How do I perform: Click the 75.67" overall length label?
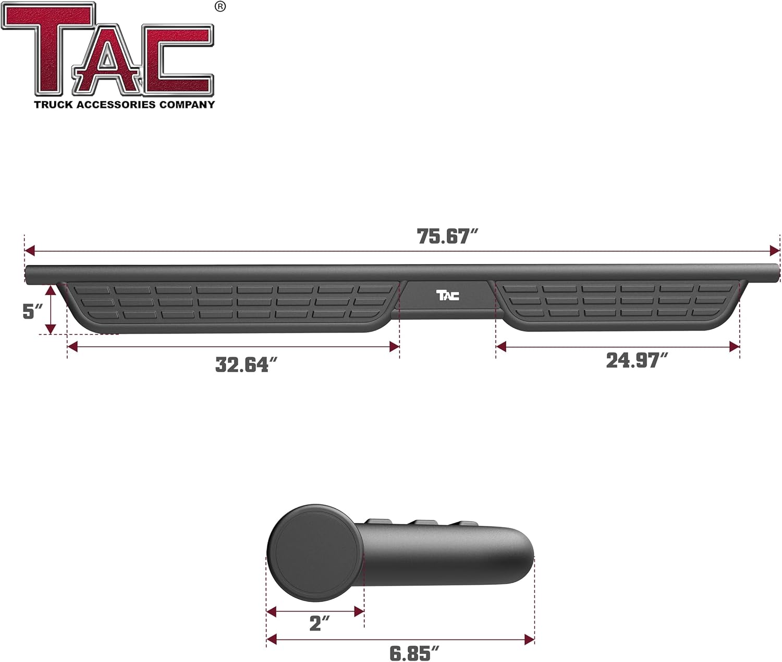(x=447, y=237)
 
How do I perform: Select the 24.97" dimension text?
(x=636, y=360)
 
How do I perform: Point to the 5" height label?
(x=32, y=311)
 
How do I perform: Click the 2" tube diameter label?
(x=319, y=623)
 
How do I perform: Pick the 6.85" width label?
(x=414, y=653)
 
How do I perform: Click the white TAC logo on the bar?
(x=447, y=296)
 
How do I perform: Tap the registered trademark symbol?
(x=220, y=7)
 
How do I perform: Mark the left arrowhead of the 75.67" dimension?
(x=29, y=251)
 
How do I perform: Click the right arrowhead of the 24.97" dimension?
(x=735, y=347)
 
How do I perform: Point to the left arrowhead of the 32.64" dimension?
(x=72, y=347)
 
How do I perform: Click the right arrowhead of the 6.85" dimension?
(x=530, y=640)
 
